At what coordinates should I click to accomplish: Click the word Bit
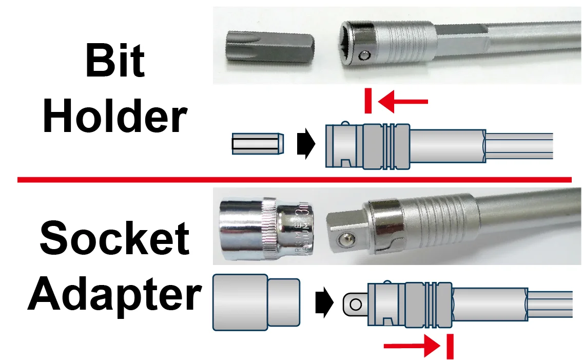(115, 61)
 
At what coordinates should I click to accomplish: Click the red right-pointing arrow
(411, 346)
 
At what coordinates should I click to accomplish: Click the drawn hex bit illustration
(257, 144)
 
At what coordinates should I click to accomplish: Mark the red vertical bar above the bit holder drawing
(368, 101)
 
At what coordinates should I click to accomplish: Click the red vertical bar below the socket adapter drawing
(450, 346)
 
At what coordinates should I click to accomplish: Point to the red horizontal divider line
(294, 180)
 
